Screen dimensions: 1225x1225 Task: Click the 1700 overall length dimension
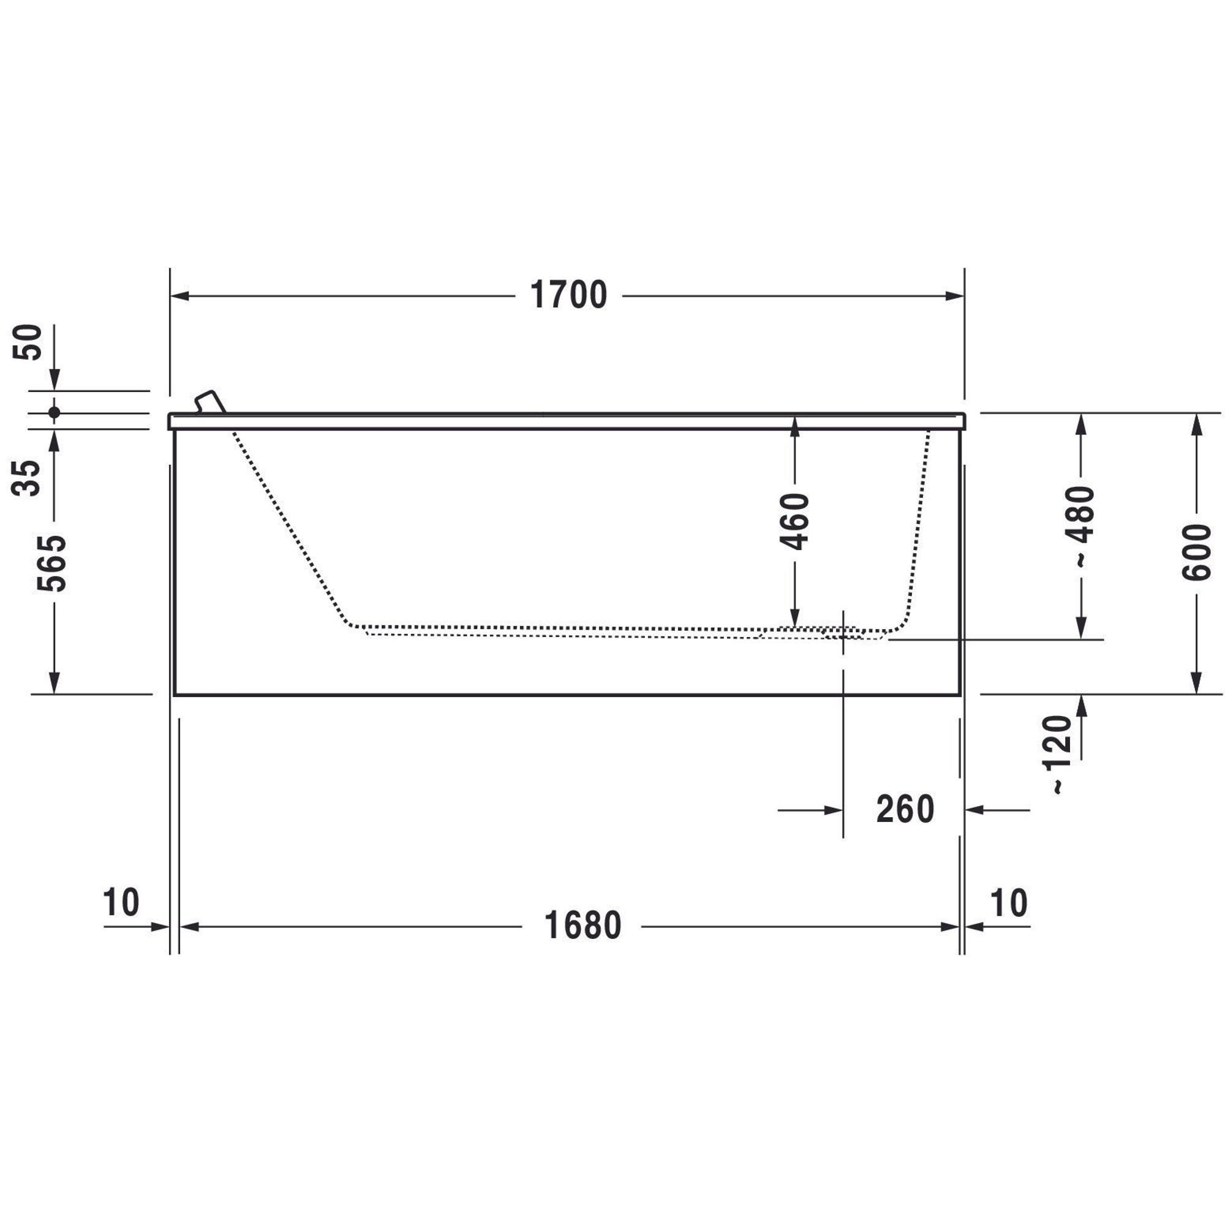coord(568,295)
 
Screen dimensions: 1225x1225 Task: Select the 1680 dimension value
coord(582,926)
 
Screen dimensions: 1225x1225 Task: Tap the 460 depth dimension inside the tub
coord(795,521)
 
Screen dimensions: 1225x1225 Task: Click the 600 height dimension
coord(1196,552)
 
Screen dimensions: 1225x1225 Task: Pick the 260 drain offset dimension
coord(905,810)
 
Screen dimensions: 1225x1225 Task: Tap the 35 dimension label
coord(26,478)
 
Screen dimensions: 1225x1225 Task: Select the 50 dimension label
coord(28,342)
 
